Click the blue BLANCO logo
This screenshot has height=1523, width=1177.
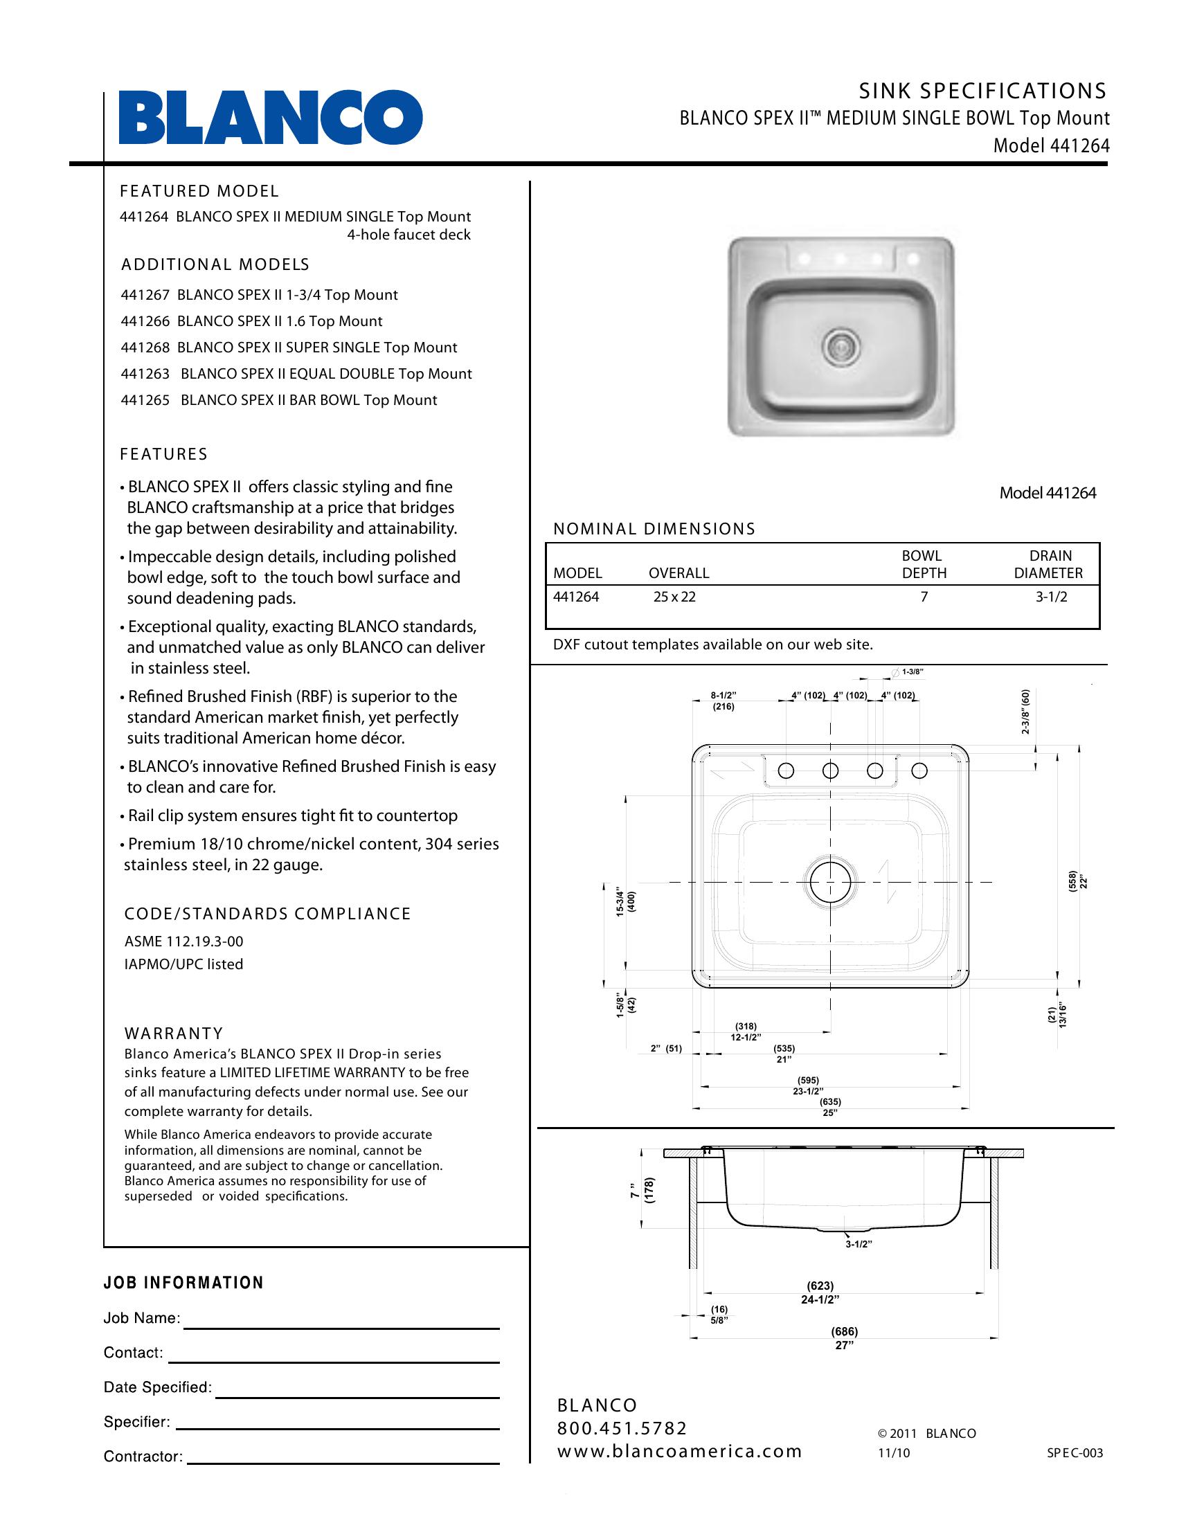(x=271, y=117)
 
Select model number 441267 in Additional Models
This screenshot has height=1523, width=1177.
(x=145, y=295)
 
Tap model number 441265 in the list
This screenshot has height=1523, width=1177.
(x=145, y=400)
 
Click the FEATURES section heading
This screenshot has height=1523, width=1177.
(x=164, y=454)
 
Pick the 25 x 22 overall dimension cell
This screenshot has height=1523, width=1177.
(x=674, y=597)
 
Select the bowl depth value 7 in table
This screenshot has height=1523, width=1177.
(x=924, y=597)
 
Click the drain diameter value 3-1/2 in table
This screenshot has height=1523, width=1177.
(x=1051, y=597)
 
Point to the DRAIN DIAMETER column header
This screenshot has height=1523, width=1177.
(x=1049, y=564)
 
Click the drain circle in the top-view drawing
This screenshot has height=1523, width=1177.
(x=829, y=882)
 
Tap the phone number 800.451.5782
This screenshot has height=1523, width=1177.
(x=622, y=1428)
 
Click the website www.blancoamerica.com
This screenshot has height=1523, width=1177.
(x=679, y=1451)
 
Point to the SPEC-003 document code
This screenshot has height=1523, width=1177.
(x=1075, y=1453)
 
